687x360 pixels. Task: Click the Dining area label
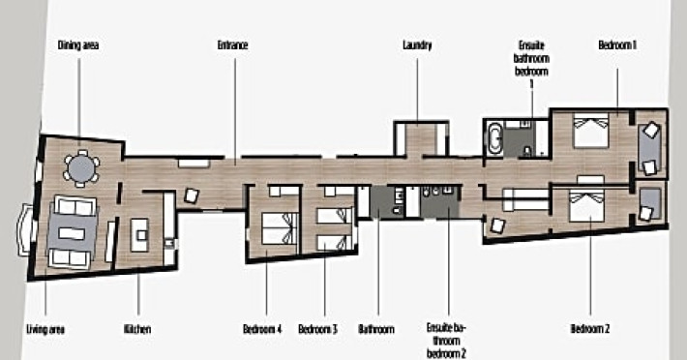tap(78, 45)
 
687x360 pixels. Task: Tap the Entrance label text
tap(232, 45)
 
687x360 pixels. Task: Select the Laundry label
tap(417, 45)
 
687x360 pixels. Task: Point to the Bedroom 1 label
tap(617, 45)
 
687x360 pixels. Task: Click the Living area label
tap(45, 329)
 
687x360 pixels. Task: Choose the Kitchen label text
tap(137, 329)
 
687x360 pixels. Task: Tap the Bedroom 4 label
tap(262, 329)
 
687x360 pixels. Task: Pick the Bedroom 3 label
tap(317, 329)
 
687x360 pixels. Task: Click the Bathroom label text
tap(376, 329)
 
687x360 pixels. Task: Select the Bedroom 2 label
tap(589, 328)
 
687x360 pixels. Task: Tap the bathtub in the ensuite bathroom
tap(495, 138)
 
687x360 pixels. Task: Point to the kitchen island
tap(139, 235)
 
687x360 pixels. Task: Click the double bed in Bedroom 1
tap(590, 130)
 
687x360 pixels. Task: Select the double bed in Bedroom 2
tap(586, 206)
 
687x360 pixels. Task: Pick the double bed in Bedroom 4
tap(280, 227)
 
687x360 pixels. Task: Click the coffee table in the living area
tap(72, 233)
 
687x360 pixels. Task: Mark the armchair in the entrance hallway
tap(192, 195)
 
